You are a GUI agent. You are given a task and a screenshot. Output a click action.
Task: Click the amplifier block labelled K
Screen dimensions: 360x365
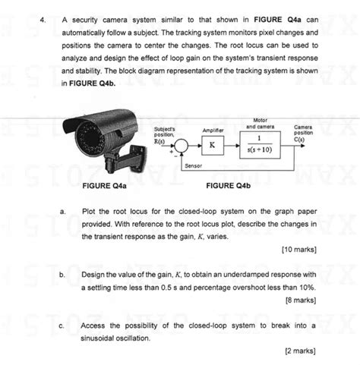(x=212, y=144)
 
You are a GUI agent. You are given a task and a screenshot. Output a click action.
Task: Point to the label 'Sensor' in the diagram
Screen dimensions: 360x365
(x=193, y=165)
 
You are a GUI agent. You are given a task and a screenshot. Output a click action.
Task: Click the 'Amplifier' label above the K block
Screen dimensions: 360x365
(x=212, y=130)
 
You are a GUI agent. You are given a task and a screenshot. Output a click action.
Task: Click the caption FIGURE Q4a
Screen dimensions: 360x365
(x=103, y=184)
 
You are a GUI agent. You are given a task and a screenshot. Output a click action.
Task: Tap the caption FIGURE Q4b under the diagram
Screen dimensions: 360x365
(x=228, y=184)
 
